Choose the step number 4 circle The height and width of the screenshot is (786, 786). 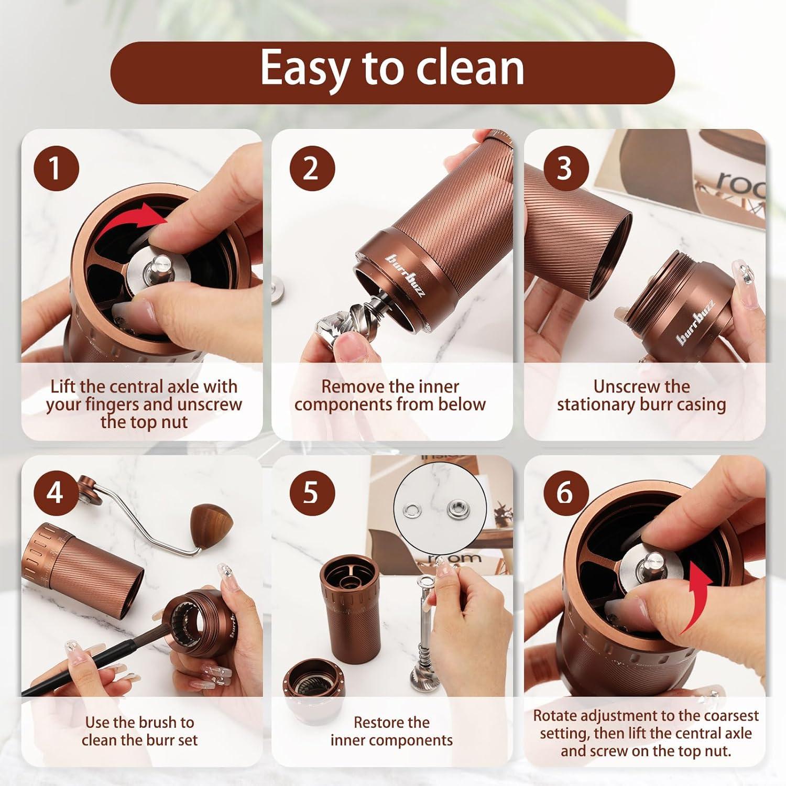56,493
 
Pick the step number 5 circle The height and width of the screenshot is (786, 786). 312,493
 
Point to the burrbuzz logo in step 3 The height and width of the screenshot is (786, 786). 696,323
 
